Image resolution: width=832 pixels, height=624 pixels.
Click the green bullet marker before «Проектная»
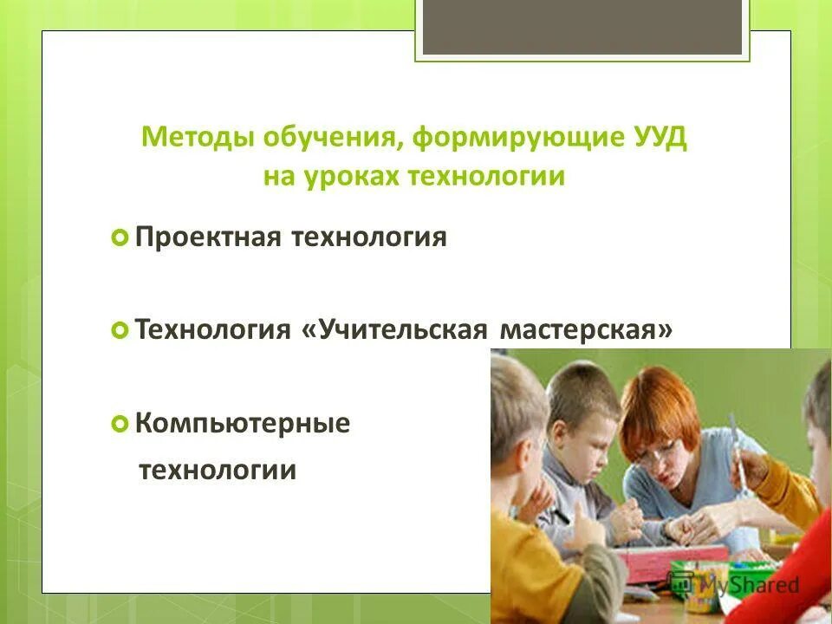(x=120, y=237)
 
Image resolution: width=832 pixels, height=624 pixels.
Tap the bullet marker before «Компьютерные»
(x=120, y=425)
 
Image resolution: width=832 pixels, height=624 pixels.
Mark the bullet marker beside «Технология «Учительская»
(x=120, y=330)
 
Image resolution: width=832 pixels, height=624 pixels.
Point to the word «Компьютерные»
(x=243, y=425)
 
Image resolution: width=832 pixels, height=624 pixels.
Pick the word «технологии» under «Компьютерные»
(x=218, y=471)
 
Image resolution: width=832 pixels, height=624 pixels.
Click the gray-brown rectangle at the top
(x=582, y=26)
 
